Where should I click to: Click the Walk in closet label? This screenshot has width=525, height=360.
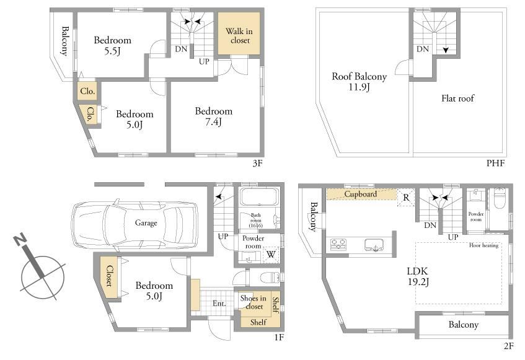pyautogui.click(x=239, y=36)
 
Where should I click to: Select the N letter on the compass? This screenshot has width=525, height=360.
pyautogui.click(x=20, y=239)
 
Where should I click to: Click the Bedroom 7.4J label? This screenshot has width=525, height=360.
pyautogui.click(x=214, y=116)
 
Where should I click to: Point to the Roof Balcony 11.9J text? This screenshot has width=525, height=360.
pyautogui.click(x=359, y=81)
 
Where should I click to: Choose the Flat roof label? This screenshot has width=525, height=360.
pyautogui.click(x=457, y=99)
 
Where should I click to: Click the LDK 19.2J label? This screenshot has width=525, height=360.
pyautogui.click(x=418, y=276)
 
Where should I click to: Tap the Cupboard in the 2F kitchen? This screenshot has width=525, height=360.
pyautogui.click(x=361, y=194)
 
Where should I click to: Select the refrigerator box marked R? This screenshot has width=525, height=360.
pyautogui.click(x=406, y=198)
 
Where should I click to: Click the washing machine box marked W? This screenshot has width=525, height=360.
pyautogui.click(x=271, y=255)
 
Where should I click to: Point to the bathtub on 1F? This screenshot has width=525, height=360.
pyautogui.click(x=260, y=197)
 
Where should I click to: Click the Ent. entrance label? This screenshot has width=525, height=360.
pyautogui.click(x=219, y=304)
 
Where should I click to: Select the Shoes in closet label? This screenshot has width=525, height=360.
pyautogui.click(x=254, y=302)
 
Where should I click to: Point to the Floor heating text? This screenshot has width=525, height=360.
pyautogui.click(x=483, y=245)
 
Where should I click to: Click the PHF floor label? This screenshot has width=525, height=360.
pyautogui.click(x=495, y=163)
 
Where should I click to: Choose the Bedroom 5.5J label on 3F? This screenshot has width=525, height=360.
pyautogui.click(x=113, y=45)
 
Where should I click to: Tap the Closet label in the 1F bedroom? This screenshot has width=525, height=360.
pyautogui.click(x=110, y=276)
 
